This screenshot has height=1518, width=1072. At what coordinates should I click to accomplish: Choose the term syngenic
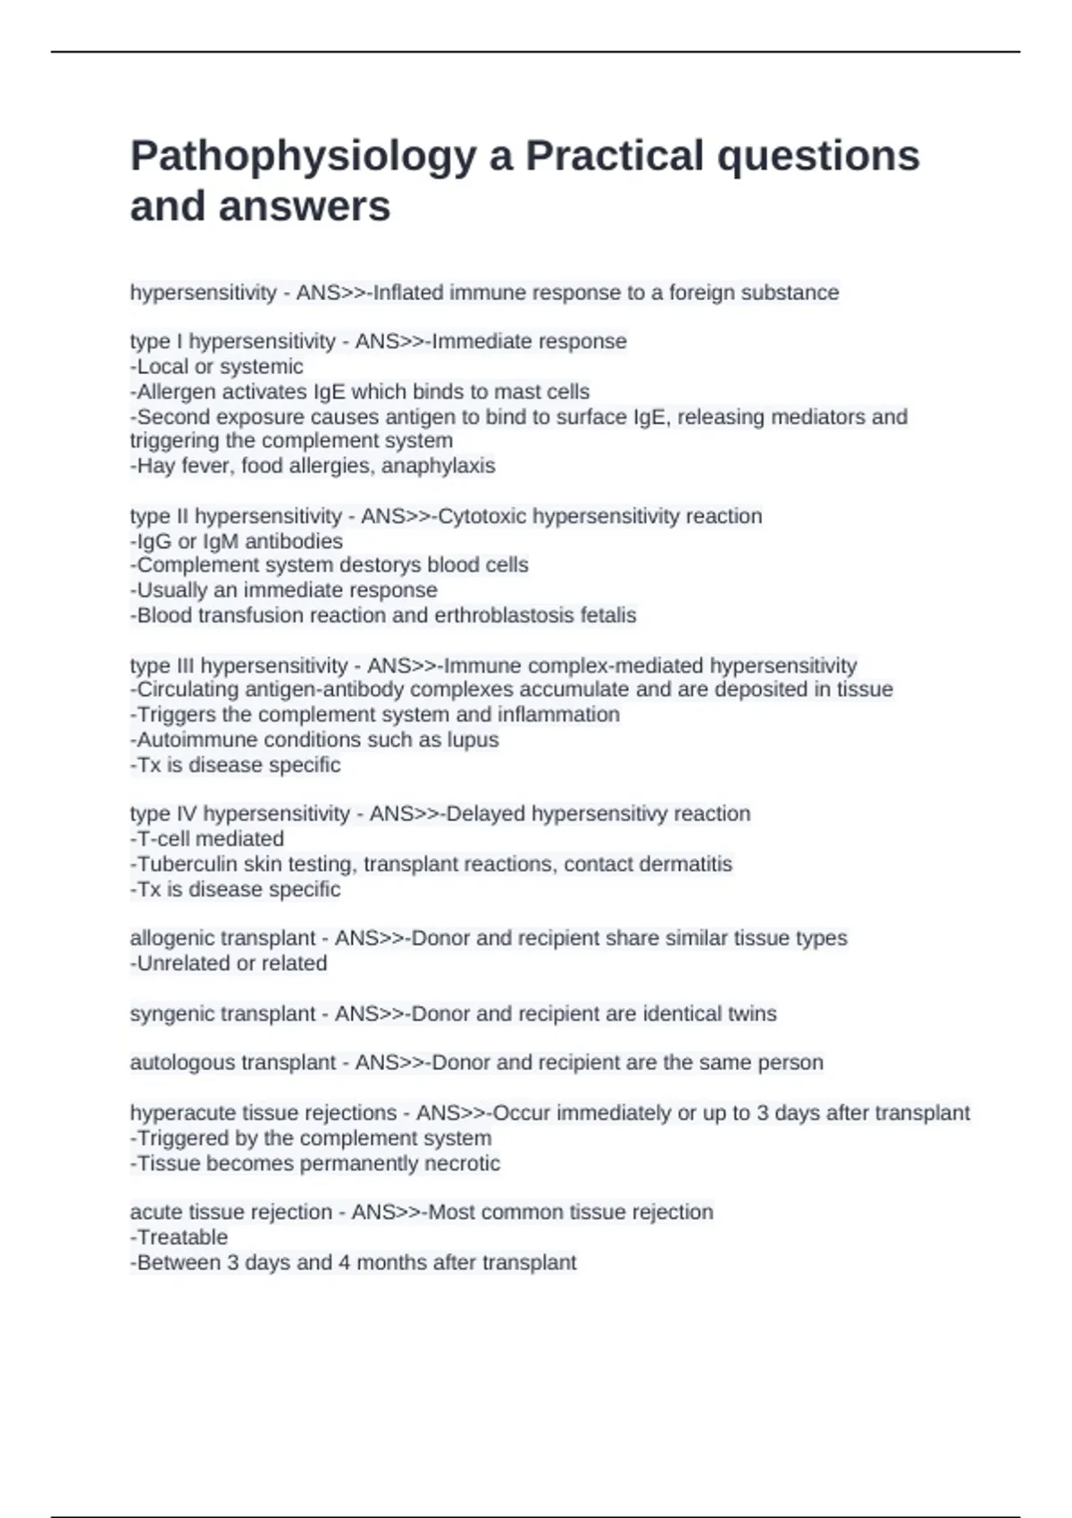pyautogui.click(x=172, y=1014)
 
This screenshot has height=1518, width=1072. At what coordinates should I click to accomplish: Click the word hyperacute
pyautogui.click(x=173, y=1113)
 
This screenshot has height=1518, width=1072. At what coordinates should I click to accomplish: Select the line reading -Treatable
pyautogui.click(x=179, y=1238)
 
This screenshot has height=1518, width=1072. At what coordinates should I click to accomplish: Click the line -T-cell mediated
pyautogui.click(x=207, y=839)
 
